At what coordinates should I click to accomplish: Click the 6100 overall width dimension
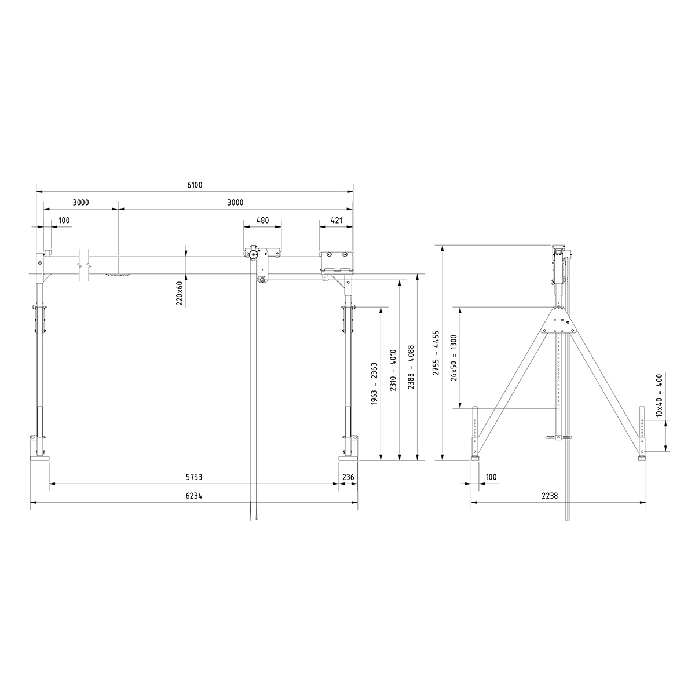point(195,185)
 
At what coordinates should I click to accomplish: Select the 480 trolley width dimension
point(262,220)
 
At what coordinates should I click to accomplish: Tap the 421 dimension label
point(336,220)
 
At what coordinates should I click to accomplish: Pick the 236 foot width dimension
point(348,477)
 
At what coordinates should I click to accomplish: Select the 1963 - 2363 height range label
point(374,383)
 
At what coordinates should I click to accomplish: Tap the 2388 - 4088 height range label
point(411,367)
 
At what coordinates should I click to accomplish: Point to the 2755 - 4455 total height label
point(436,353)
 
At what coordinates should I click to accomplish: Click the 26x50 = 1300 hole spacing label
point(454,357)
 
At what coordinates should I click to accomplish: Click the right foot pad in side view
point(642,458)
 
